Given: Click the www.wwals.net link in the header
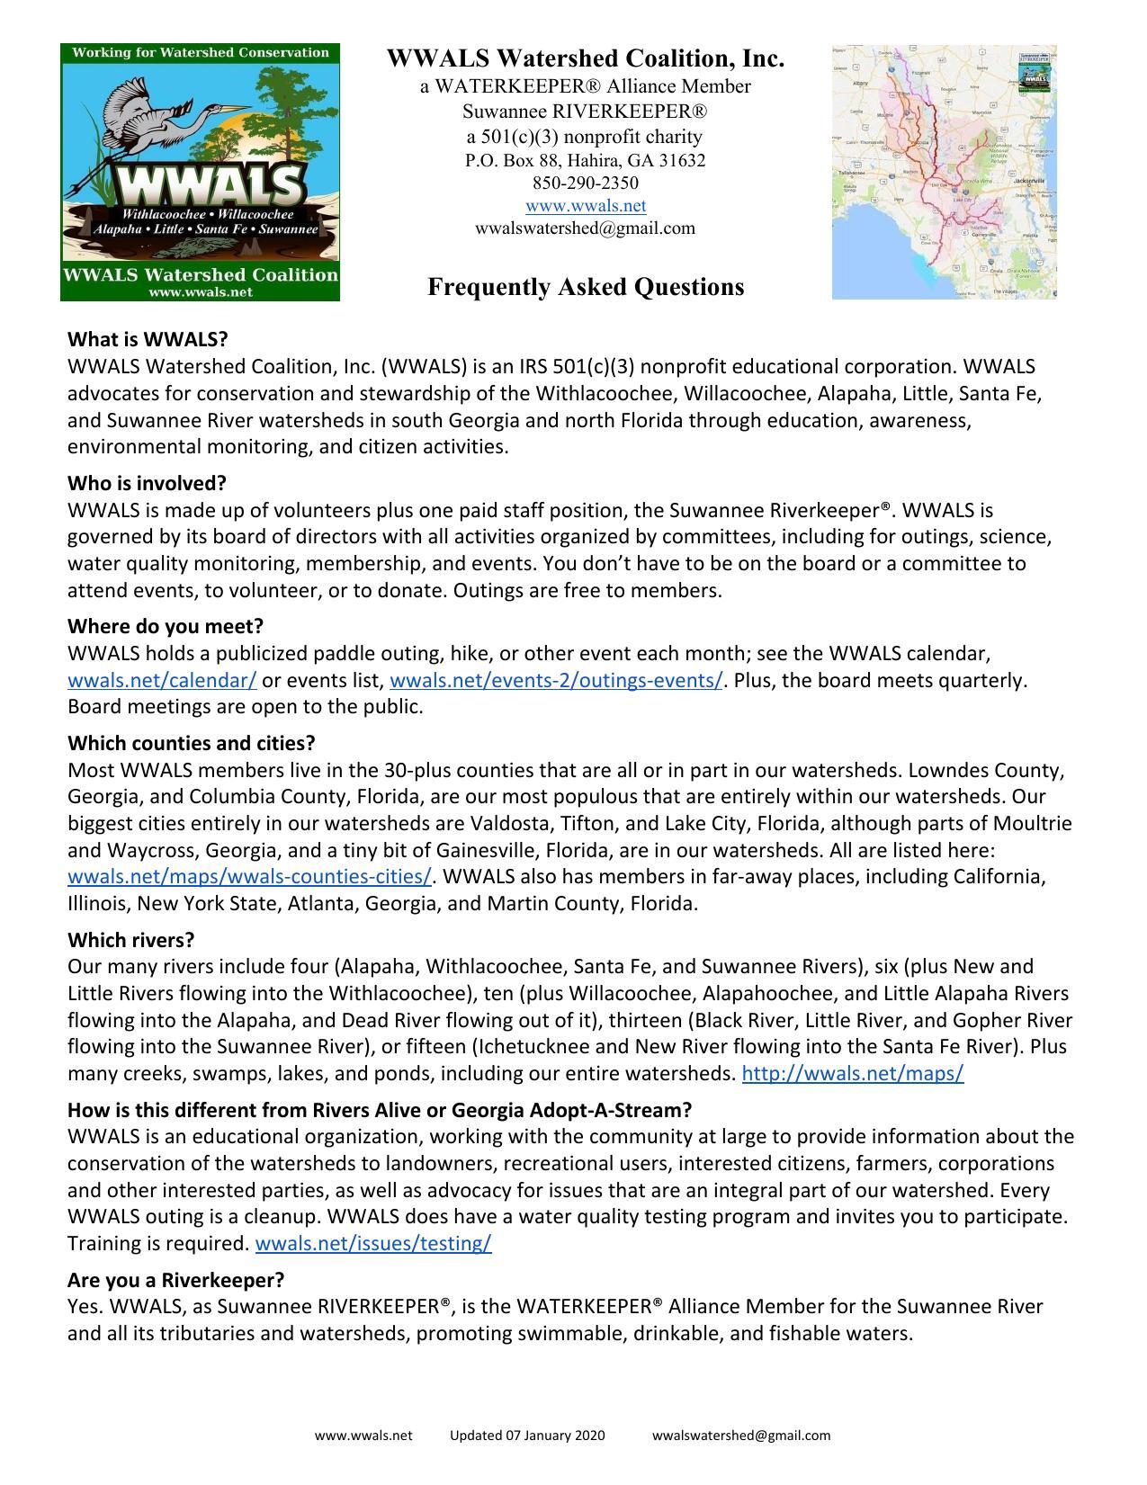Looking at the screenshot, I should pyautogui.click(x=585, y=206).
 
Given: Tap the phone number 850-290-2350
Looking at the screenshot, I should pyautogui.click(x=585, y=183).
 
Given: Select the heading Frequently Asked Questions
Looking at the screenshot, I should pyautogui.click(x=585, y=287).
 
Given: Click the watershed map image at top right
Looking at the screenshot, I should pyautogui.click(x=944, y=171).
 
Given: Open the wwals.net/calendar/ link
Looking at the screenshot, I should pyautogui.click(x=162, y=681).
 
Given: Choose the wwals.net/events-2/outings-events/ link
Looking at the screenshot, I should pyautogui.click(x=556, y=681).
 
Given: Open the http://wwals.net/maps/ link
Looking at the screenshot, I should pyautogui.click(x=852, y=1074).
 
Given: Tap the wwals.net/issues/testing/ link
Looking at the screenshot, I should pyautogui.click(x=373, y=1244).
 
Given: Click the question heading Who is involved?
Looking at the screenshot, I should pyautogui.click(x=147, y=483).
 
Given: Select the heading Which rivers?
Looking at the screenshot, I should pyautogui.click(x=130, y=940).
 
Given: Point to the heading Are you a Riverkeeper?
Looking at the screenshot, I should pyautogui.click(x=175, y=1280).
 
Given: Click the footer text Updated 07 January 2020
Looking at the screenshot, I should pyautogui.click(x=527, y=1436).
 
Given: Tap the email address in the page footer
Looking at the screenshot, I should pyautogui.click(x=741, y=1436).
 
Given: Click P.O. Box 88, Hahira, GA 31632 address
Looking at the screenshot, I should pyautogui.click(x=585, y=161).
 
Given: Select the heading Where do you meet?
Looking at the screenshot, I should pyautogui.click(x=165, y=626).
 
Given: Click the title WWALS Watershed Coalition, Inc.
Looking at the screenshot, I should pyautogui.click(x=585, y=59).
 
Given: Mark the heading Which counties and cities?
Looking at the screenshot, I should pyautogui.click(x=191, y=744).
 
